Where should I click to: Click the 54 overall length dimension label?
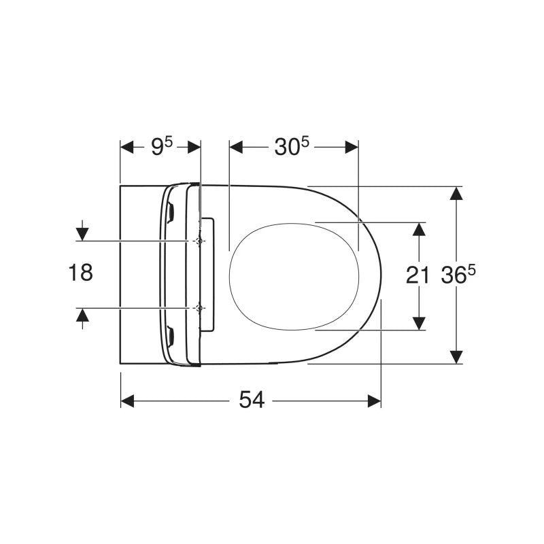[x=252, y=400]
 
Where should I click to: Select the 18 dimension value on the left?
[x=81, y=273]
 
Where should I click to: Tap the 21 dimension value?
[x=418, y=276]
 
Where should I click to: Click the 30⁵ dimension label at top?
[x=292, y=146]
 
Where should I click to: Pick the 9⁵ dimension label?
[x=162, y=146]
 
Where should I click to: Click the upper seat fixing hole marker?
[x=199, y=241]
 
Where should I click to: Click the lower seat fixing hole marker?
[x=199, y=308]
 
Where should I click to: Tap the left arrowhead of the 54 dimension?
[x=127, y=401]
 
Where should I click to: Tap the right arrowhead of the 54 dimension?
[x=375, y=401]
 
